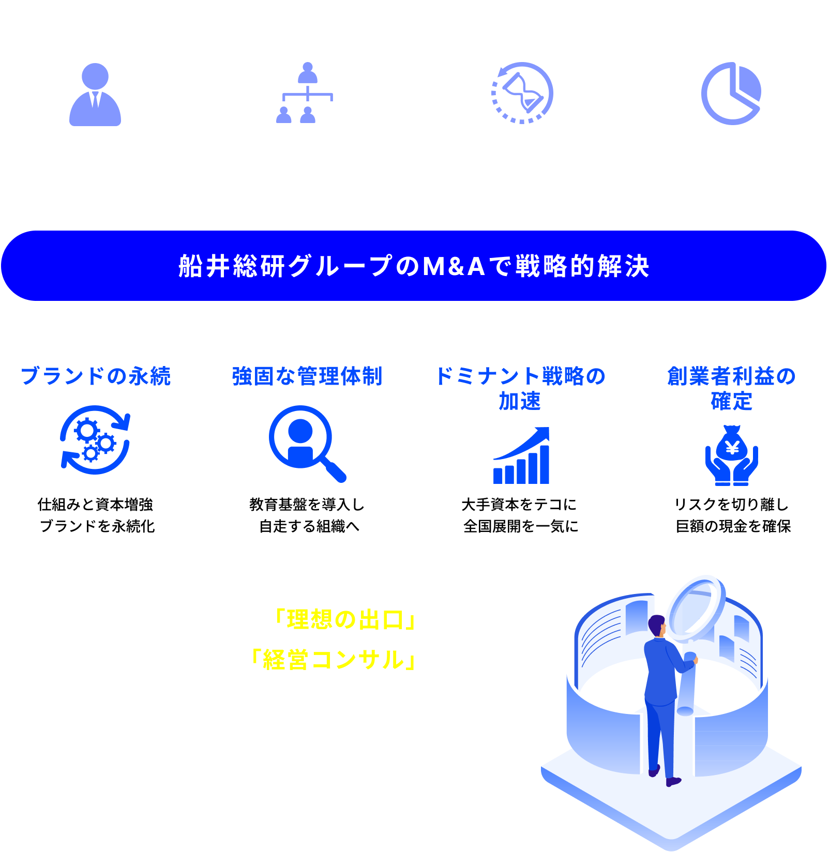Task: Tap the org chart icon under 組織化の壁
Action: click(x=307, y=93)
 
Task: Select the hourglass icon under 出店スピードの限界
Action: click(x=522, y=93)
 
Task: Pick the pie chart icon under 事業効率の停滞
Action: click(x=731, y=94)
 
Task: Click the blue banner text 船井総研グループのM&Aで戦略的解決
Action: click(x=414, y=266)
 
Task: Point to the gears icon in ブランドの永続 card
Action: click(x=95, y=440)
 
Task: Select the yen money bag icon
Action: click(x=731, y=455)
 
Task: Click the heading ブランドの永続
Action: click(x=96, y=376)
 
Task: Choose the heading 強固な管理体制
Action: click(x=307, y=376)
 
